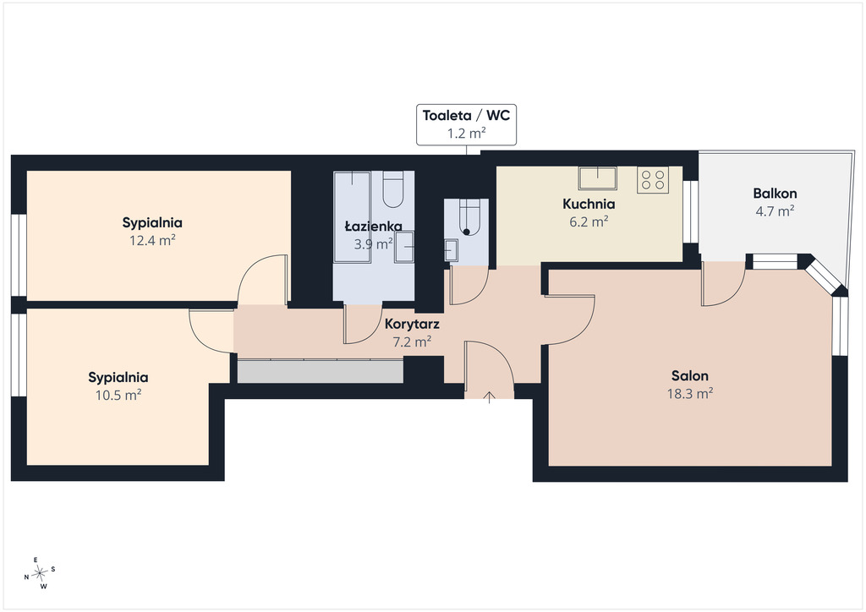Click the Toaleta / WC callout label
(466, 124)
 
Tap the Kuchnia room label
(589, 205)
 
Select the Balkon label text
(775, 194)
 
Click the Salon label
(690, 376)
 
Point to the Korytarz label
(412, 324)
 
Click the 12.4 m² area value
(152, 241)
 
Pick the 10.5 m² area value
(118, 395)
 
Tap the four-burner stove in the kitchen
(652, 179)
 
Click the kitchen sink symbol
(598, 178)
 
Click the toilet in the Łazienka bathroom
(394, 189)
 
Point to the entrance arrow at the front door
(490, 397)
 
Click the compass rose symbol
(40, 574)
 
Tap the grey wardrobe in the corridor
(320, 371)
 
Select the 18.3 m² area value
(690, 393)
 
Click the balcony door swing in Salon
(724, 287)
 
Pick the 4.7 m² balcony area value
(775, 210)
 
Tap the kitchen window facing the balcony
(690, 211)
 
